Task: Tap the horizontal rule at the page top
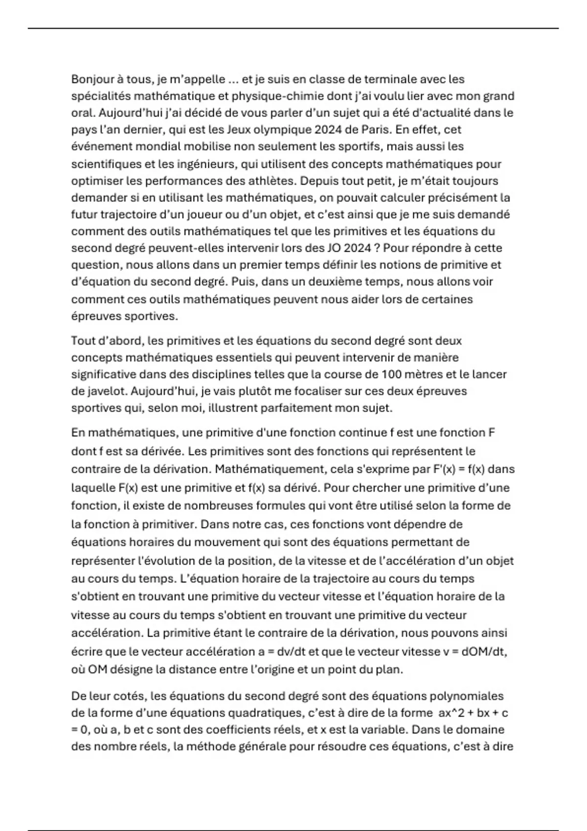coord(293,28)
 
